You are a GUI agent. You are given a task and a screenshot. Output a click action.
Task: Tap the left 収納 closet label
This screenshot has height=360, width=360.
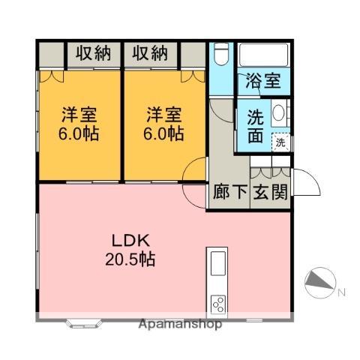(93, 53)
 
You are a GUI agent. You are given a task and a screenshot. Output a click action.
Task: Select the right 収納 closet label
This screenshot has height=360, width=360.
(151, 53)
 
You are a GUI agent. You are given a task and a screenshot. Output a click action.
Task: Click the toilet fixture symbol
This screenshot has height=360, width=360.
(221, 55)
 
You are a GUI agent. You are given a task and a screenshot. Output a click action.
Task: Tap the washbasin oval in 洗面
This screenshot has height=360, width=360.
(277, 114)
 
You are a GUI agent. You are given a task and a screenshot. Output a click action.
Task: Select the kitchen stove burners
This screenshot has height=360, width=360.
(219, 304)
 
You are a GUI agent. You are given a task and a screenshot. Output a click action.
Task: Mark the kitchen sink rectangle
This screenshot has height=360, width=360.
(217, 264)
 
